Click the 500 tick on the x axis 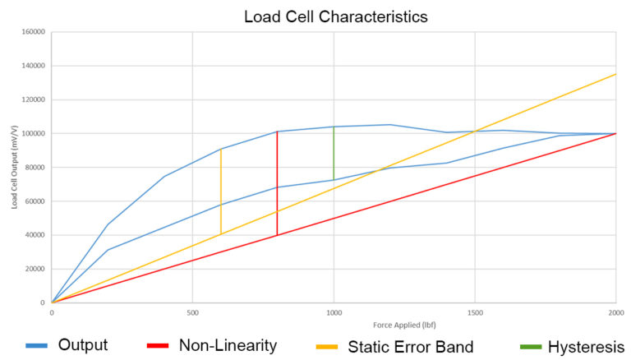pyautogui.click(x=192, y=313)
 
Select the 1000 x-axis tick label pyautogui.click(x=334, y=313)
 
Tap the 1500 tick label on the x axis pyautogui.click(x=475, y=313)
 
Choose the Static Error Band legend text pyautogui.click(x=411, y=345)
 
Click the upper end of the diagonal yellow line pyautogui.click(x=615, y=74)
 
